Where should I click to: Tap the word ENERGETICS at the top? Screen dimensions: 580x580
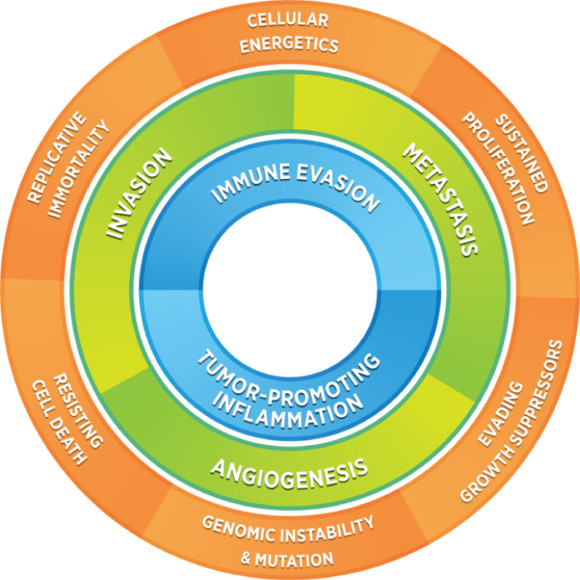[290, 44]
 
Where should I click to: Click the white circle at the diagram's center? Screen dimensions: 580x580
[290, 290]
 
